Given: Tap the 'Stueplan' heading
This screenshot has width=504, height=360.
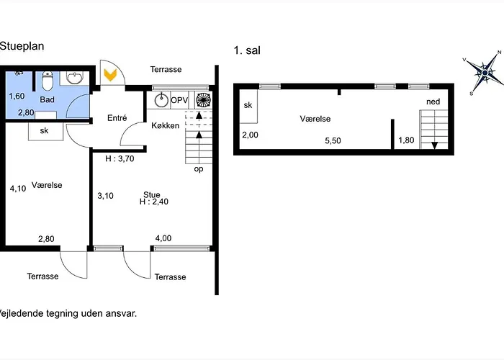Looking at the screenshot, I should click(x=22, y=46).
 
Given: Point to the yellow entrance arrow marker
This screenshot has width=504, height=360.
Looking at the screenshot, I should click(x=111, y=74).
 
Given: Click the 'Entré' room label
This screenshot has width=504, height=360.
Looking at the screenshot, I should click(x=117, y=118).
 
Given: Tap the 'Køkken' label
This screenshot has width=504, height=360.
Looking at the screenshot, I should click(x=165, y=126).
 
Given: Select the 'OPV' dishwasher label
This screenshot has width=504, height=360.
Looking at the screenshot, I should click(x=179, y=99).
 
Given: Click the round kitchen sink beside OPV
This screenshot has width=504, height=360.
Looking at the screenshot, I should click(x=160, y=99).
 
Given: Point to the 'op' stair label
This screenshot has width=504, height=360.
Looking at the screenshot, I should click(x=199, y=170).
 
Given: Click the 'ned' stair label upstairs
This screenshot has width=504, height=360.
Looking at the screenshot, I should click(x=433, y=102).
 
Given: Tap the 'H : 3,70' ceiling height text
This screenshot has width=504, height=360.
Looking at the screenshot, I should click(x=120, y=159).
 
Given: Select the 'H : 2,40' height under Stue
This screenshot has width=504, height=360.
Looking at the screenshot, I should click(x=154, y=203).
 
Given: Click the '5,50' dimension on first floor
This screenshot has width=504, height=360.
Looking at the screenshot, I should click(x=333, y=141).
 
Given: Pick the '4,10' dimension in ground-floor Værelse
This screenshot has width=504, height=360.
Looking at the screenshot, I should click(x=18, y=189).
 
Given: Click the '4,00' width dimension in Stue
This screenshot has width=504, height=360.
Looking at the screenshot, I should click(x=163, y=238).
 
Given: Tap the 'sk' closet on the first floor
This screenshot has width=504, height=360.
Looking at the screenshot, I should click(x=248, y=106).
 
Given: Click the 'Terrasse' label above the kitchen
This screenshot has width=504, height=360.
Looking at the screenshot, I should click(x=166, y=70).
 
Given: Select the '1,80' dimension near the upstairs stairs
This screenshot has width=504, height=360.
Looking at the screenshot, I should click(x=406, y=141).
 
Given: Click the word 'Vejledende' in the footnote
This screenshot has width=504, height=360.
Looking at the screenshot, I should click(x=22, y=313).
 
